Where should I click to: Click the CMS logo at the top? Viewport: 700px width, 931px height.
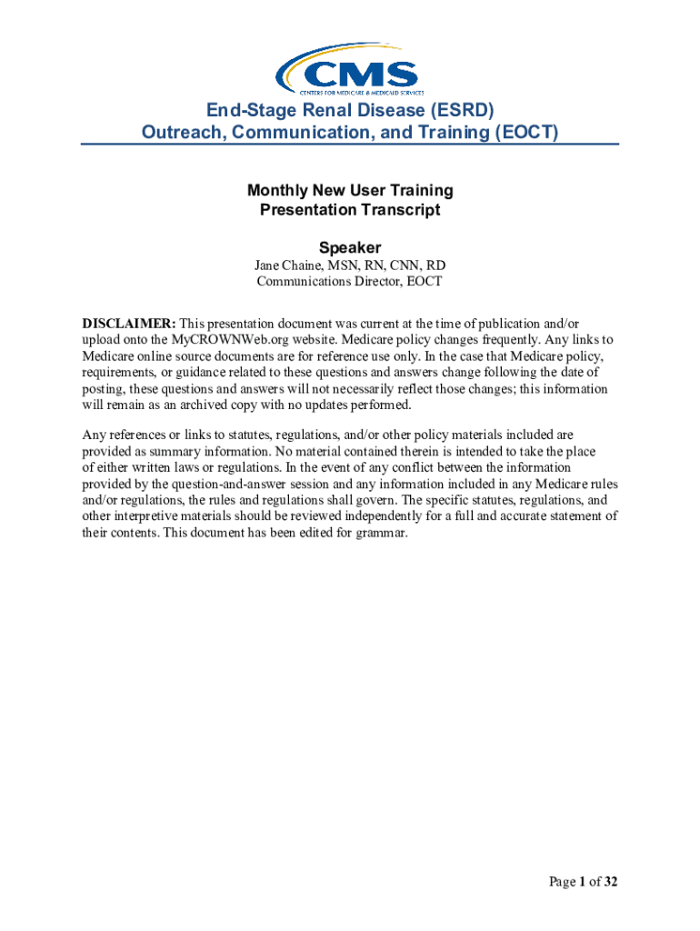[x=349, y=70]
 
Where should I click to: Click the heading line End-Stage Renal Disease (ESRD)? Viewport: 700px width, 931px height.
[x=350, y=111]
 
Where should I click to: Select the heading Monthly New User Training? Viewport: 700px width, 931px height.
[x=350, y=191]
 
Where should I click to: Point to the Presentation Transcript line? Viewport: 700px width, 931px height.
[x=350, y=210]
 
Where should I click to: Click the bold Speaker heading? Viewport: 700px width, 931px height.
[x=350, y=247]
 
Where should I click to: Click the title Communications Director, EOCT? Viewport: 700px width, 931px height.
[x=350, y=282]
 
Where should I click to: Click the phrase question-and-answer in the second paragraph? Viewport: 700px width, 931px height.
[x=212, y=485]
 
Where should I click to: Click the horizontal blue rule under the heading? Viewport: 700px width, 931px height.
[x=350, y=145]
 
